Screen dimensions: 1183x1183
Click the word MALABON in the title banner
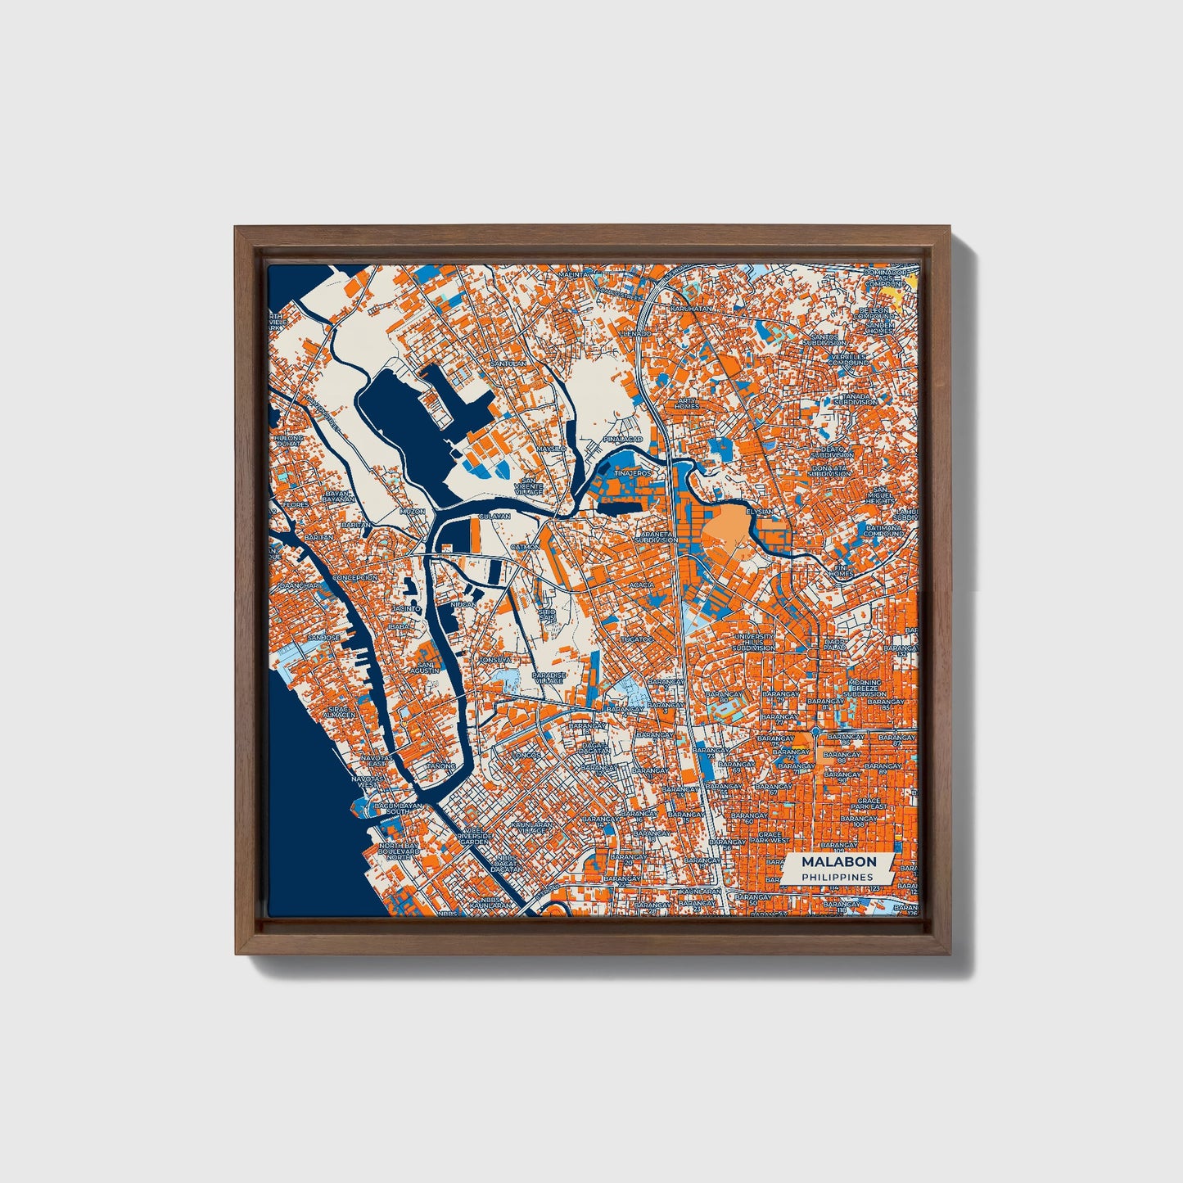pyautogui.click(x=838, y=861)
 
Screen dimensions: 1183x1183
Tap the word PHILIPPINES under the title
pyautogui.click(x=837, y=877)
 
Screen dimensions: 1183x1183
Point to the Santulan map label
pyautogui.click(x=505, y=363)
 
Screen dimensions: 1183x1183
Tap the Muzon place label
pyautogui.click(x=412, y=511)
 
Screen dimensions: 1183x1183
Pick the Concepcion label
pyautogui.click(x=354, y=577)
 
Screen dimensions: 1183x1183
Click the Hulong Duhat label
pyautogui.click(x=289, y=442)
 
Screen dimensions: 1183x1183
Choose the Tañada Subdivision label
pyautogui.click(x=856, y=399)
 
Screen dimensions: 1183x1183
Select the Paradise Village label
pyautogui.click(x=549, y=678)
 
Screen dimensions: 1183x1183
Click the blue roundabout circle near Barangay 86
pyautogui.click(x=816, y=730)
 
